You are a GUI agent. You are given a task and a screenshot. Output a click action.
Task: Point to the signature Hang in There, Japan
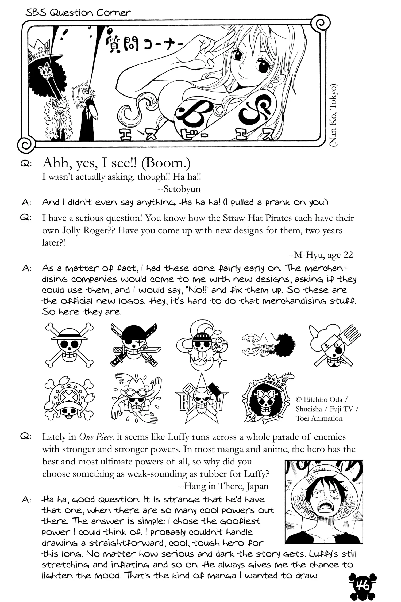tap(223, 486)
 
